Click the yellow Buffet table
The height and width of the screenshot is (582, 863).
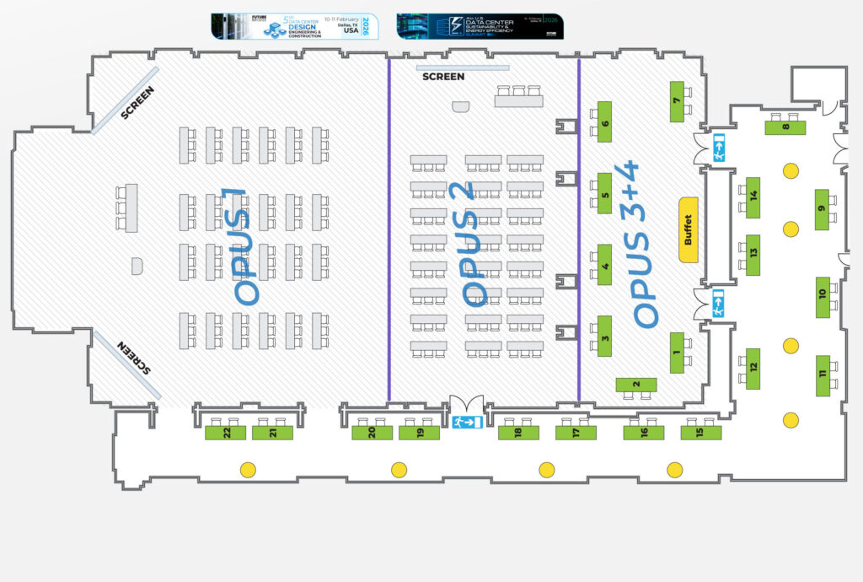tap(689, 229)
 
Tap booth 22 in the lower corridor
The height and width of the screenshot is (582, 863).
tap(227, 433)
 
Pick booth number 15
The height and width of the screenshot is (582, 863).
tap(701, 433)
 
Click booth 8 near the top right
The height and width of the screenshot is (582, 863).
tap(785, 127)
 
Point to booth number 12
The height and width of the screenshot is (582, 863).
tap(753, 368)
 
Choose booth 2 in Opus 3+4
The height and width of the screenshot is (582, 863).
tap(636, 385)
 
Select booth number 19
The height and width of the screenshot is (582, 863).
tap(420, 433)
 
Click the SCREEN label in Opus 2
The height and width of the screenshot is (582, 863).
tap(443, 77)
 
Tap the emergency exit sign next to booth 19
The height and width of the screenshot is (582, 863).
tap(466, 422)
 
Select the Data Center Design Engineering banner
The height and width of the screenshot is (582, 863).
tap(295, 26)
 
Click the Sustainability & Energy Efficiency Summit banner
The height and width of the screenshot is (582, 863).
tap(480, 26)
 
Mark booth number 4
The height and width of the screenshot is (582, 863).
tap(604, 265)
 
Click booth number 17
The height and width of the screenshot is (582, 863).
tap(576, 433)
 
